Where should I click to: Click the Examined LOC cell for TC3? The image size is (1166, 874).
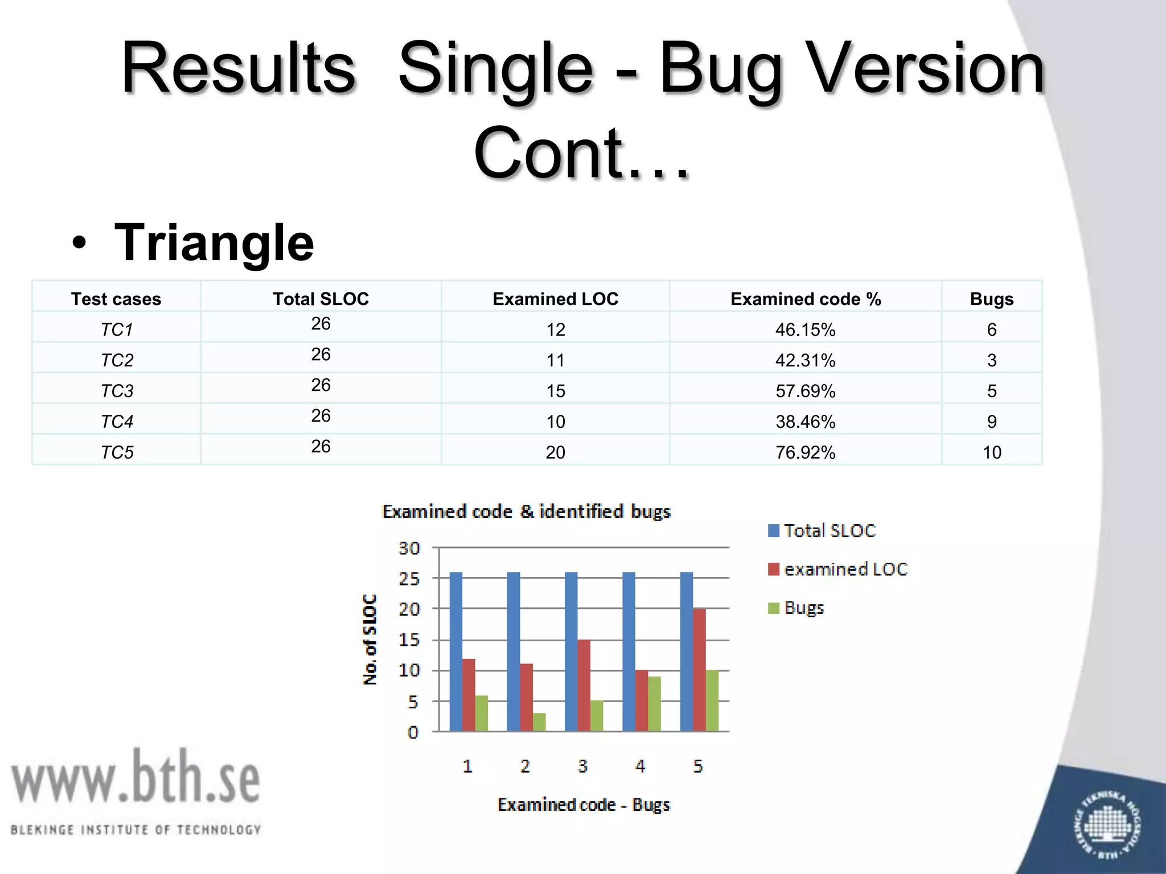[555, 391]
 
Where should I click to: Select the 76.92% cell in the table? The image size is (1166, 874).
[805, 452]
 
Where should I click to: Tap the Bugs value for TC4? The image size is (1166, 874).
[991, 422]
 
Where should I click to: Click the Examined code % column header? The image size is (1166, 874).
[805, 299]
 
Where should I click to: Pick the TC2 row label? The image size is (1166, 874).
[117, 360]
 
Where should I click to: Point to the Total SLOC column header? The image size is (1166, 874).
[321, 299]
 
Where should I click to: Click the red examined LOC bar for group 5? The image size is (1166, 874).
[699, 670]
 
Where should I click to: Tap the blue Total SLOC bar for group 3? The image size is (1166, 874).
[571, 652]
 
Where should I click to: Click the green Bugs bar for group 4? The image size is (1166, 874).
[654, 703]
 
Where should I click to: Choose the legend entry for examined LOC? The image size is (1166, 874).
[837, 570]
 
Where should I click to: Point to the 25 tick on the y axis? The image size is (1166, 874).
[409, 579]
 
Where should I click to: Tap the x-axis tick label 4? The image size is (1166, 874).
[640, 766]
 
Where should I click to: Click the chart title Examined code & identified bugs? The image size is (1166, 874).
[526, 512]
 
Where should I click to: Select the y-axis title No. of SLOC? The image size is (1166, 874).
[370, 639]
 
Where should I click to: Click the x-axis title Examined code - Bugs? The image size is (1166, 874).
[584, 805]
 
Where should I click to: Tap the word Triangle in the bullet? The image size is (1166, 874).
[214, 243]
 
